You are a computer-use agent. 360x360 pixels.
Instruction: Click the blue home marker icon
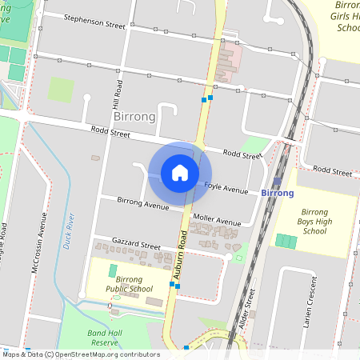[x=180, y=173]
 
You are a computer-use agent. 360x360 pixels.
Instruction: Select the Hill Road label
[x=118, y=94]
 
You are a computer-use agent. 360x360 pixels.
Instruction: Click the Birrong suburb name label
[x=134, y=116]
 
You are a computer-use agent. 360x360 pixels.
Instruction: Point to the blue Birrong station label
[x=278, y=194]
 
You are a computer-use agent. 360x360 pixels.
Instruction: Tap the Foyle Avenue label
[x=226, y=189]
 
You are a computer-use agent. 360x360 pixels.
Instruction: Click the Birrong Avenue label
[x=143, y=203]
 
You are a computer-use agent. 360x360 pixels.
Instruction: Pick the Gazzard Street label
[x=138, y=244]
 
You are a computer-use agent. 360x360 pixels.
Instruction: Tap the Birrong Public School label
[x=130, y=284]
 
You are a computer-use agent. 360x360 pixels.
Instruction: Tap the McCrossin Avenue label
[x=35, y=254]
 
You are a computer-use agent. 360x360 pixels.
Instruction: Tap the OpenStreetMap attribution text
[x=80, y=354]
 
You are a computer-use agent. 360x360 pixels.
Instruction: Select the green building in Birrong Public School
[x=112, y=270]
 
